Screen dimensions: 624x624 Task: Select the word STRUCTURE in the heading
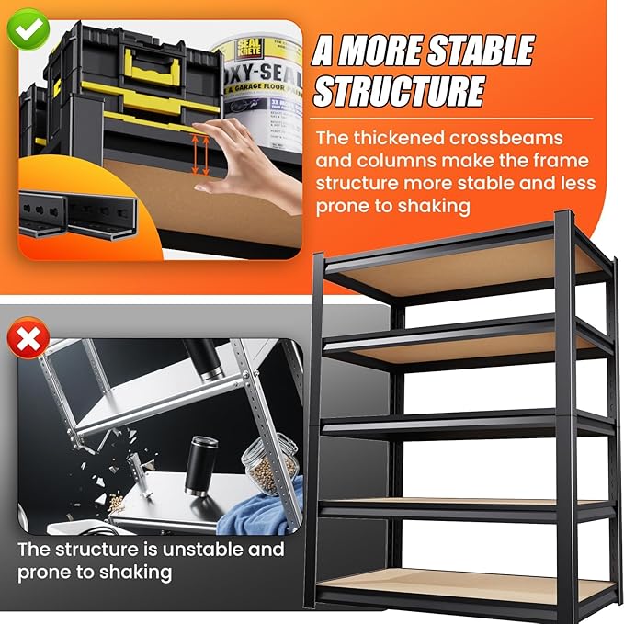(x=399, y=91)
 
